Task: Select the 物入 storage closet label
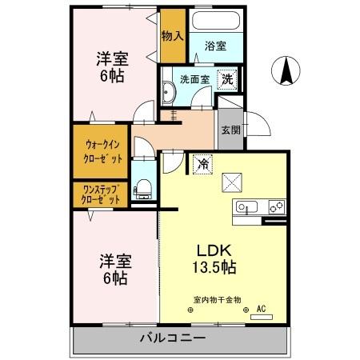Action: [x=172, y=35]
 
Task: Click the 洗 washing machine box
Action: [x=228, y=79]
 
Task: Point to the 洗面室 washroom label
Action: [x=194, y=80]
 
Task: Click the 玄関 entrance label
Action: [x=230, y=130]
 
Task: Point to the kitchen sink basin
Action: [x=247, y=208]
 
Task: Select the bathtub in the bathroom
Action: [x=215, y=21]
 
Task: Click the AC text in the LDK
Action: [x=260, y=307]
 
